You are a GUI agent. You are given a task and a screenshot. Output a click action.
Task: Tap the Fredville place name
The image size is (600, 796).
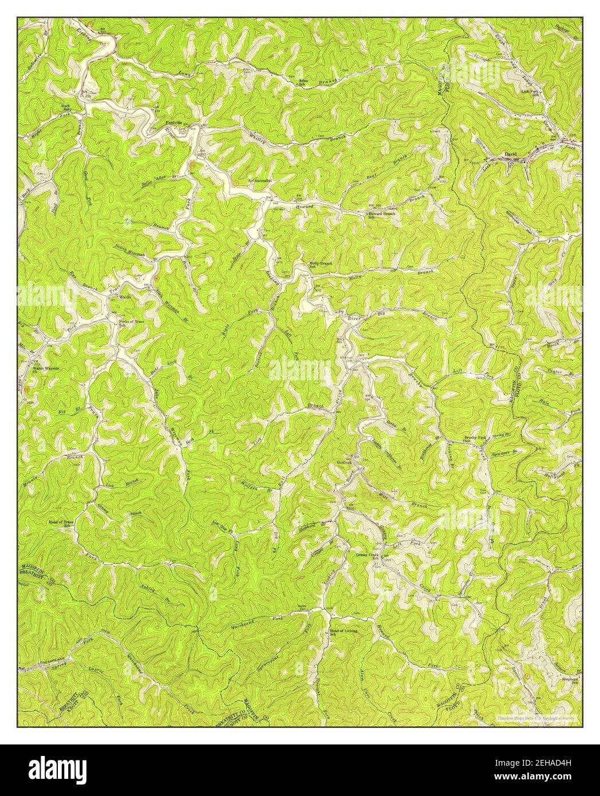click(173, 123)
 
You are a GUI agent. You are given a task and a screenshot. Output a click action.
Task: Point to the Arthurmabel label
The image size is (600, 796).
click(259, 182)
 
